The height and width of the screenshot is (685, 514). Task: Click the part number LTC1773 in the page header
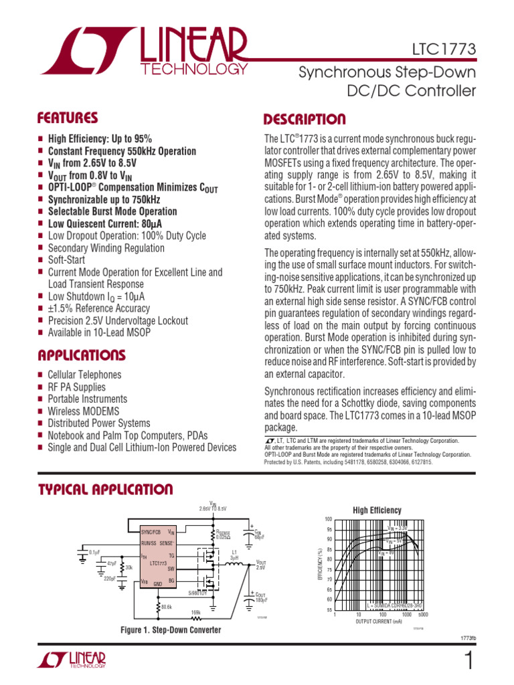pyautogui.click(x=444, y=50)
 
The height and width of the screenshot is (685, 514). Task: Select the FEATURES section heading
pyautogui.click(x=68, y=118)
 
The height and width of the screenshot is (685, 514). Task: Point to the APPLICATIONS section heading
pyautogui.click(x=82, y=355)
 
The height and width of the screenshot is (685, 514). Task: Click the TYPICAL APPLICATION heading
pyautogui.click(x=106, y=490)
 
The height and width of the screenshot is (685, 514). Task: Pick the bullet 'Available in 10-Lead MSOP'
pyautogui.click(x=99, y=332)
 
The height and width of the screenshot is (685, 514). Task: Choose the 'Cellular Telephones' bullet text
pyautogui.click(x=84, y=375)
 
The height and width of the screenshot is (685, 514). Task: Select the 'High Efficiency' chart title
pyautogui.click(x=377, y=510)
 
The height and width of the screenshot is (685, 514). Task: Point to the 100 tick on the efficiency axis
pyautogui.click(x=328, y=520)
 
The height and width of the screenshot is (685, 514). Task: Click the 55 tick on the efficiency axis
pyautogui.click(x=329, y=610)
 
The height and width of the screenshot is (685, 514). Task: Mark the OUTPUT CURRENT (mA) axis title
pyautogui.click(x=379, y=621)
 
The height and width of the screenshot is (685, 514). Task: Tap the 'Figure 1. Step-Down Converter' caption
pyautogui.click(x=171, y=630)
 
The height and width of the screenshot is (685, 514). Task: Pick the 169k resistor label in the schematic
pyautogui.click(x=196, y=612)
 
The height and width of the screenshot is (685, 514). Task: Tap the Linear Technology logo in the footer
pyautogui.click(x=72, y=660)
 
